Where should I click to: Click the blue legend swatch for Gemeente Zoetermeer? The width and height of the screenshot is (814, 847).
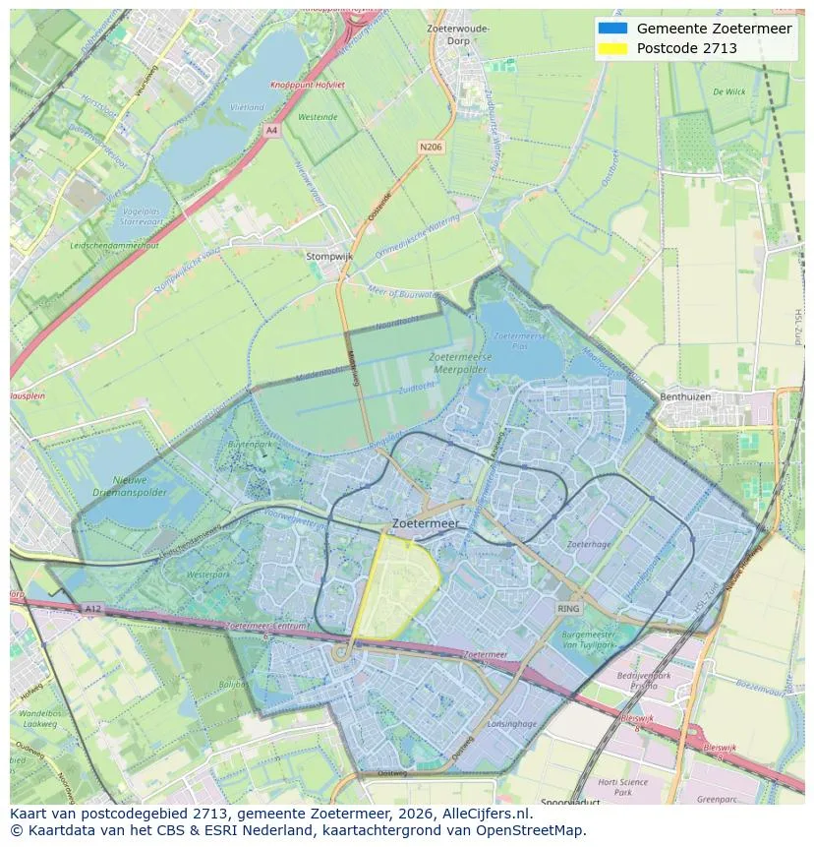tap(611, 29)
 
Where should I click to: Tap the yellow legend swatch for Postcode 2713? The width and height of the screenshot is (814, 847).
tap(611, 48)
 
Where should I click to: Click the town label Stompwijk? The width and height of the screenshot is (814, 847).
tap(329, 256)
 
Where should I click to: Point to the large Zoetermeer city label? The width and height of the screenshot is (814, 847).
tap(425, 524)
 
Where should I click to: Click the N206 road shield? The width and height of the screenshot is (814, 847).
tap(430, 147)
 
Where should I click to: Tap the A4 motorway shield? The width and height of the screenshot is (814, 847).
tap(271, 129)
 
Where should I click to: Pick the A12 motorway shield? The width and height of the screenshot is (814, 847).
tap(91, 609)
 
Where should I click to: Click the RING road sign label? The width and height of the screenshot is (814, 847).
tap(568, 609)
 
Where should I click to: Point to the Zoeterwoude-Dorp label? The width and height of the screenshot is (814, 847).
tap(458, 34)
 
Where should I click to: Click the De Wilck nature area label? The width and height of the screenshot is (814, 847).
tap(728, 91)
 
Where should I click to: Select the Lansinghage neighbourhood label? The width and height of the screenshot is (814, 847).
tap(511, 723)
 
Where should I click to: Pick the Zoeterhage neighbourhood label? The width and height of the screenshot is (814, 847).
tap(588, 544)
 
